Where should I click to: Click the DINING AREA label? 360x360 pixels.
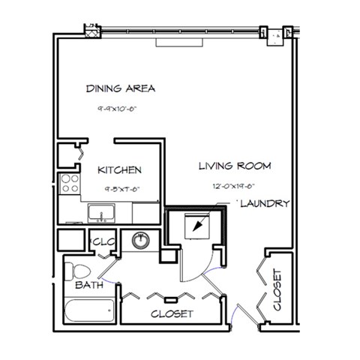coord(121,88)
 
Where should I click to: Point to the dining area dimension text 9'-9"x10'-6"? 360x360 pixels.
coord(121,109)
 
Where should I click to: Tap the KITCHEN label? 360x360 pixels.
coord(119,170)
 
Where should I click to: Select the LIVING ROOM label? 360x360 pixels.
coord(234,166)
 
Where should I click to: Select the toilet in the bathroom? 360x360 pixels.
coord(77,271)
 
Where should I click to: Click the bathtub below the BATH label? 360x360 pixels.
coord(88,308)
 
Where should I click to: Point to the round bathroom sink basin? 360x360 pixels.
coord(139,241)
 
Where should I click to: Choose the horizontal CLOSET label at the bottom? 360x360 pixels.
coord(172,313)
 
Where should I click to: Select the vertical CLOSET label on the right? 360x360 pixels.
coord(277,290)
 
